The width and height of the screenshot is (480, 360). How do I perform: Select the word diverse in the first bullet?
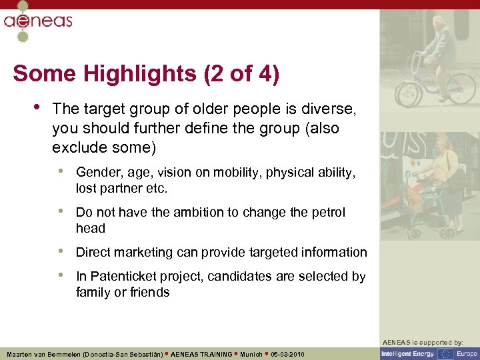pos(331,109)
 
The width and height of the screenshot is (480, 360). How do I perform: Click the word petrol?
pos(327,212)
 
